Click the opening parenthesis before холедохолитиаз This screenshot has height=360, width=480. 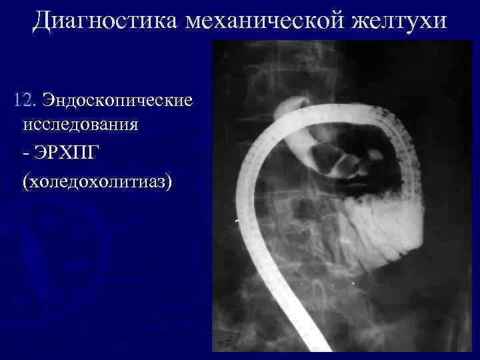pos(25,181)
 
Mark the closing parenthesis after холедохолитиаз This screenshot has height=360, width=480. pos(170,181)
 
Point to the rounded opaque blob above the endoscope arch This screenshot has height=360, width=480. pos(291,105)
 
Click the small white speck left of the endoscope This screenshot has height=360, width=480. pos(237,220)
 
